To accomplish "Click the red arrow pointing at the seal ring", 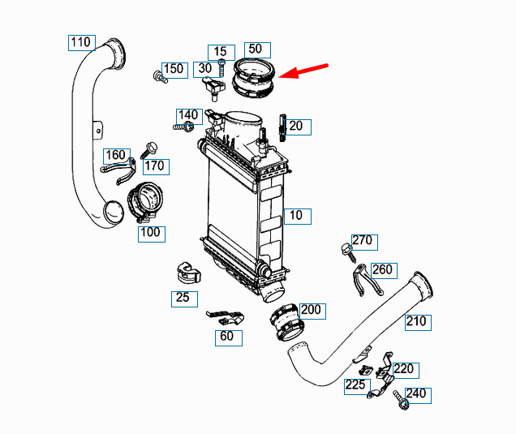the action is [x=303, y=71].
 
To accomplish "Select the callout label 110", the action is [x=82, y=43].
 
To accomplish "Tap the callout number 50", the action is [x=257, y=50].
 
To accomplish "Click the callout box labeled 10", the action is [x=298, y=216].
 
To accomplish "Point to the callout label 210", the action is [x=418, y=322].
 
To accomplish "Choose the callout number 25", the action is [x=184, y=299].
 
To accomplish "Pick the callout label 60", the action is [x=229, y=338].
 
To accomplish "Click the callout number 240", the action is [x=418, y=396].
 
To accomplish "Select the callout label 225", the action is [x=357, y=387].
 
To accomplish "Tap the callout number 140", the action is [x=189, y=117].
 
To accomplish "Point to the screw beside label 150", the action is [x=161, y=77].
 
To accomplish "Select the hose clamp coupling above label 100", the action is [x=145, y=201].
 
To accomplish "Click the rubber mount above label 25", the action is [x=188, y=273].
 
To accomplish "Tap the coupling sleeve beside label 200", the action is [x=286, y=323].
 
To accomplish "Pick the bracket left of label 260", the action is [x=365, y=280].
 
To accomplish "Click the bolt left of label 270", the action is [x=349, y=252].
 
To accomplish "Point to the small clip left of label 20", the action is [x=282, y=127].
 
